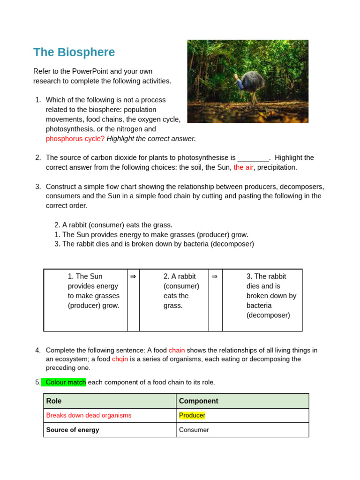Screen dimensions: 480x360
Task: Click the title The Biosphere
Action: click(x=74, y=52)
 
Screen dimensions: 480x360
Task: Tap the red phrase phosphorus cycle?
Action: click(x=75, y=139)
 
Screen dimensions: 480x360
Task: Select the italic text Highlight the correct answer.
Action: click(x=151, y=139)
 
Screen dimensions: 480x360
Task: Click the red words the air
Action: click(x=243, y=167)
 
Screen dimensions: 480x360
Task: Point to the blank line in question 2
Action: click(x=254, y=158)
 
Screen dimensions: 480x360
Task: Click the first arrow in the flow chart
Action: click(x=133, y=277)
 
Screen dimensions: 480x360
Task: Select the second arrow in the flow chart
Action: click(x=215, y=277)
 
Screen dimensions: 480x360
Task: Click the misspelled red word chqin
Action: click(x=120, y=359)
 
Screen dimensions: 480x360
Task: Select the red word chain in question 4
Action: click(x=177, y=350)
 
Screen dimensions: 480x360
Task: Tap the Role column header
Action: click(x=54, y=401)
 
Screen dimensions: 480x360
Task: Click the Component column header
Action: click(x=198, y=401)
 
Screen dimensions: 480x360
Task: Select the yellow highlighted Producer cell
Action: click(x=192, y=415)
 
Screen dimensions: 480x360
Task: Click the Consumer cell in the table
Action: click(x=194, y=430)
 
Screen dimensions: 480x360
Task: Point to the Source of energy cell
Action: click(x=73, y=430)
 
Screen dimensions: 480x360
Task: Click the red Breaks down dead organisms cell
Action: click(x=89, y=415)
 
